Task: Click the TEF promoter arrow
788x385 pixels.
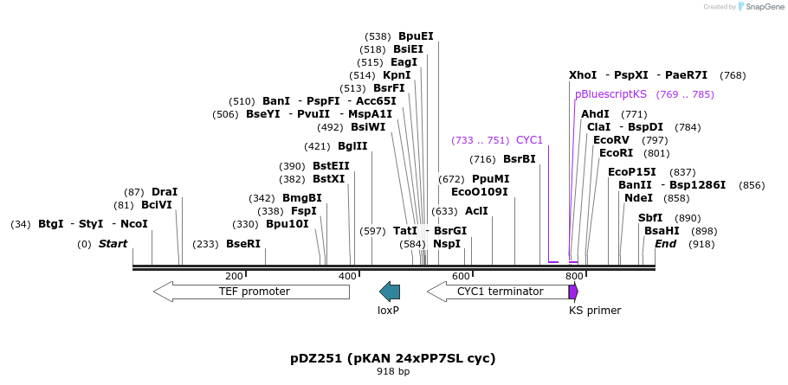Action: click(x=251, y=292)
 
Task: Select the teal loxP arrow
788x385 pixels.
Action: click(x=390, y=292)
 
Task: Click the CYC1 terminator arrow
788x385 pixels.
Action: click(x=498, y=292)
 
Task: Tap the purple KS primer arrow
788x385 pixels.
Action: click(x=573, y=292)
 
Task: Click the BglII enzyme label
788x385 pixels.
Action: click(x=352, y=146)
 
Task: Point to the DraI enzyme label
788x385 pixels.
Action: click(x=165, y=192)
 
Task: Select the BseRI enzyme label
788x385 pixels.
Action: click(x=243, y=244)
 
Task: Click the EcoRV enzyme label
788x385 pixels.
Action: click(x=611, y=140)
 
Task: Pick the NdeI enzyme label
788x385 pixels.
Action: click(x=639, y=198)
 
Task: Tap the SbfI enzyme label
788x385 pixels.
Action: click(x=650, y=218)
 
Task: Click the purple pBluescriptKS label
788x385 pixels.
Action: click(x=610, y=94)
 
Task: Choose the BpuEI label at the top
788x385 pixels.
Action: click(x=416, y=36)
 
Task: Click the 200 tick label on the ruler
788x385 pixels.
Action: click(x=234, y=276)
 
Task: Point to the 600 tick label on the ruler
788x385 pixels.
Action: click(x=461, y=276)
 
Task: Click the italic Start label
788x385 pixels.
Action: click(x=113, y=244)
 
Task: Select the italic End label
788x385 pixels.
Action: click(x=665, y=244)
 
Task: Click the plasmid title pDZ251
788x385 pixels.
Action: click(x=393, y=357)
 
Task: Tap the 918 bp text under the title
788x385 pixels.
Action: click(x=393, y=371)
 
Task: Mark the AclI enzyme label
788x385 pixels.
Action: click(x=476, y=211)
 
